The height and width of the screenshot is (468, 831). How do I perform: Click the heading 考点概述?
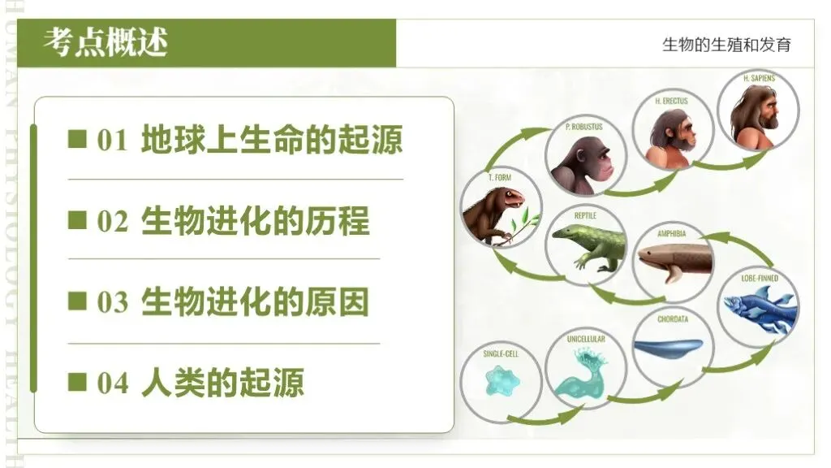pyautogui.click(x=105, y=41)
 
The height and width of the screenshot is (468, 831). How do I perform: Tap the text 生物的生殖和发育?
pyautogui.click(x=726, y=45)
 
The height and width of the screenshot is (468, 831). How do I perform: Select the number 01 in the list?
pyautogui.click(x=113, y=141)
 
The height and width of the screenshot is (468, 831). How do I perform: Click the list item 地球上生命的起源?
pyautogui.click(x=271, y=140)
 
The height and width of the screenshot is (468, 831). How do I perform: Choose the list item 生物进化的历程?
pyautogui.click(x=255, y=221)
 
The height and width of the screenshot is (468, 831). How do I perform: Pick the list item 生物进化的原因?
pyautogui.click(x=255, y=302)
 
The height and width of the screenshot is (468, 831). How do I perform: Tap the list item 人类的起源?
pyautogui.click(x=222, y=383)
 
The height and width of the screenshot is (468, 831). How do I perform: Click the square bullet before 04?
pyautogui.click(x=77, y=382)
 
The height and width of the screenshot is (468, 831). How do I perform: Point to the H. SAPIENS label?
pyautogui.click(x=759, y=78)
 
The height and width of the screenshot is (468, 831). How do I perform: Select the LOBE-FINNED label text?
pyautogui.click(x=760, y=278)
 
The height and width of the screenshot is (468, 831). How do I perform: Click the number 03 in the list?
pyautogui.click(x=113, y=302)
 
